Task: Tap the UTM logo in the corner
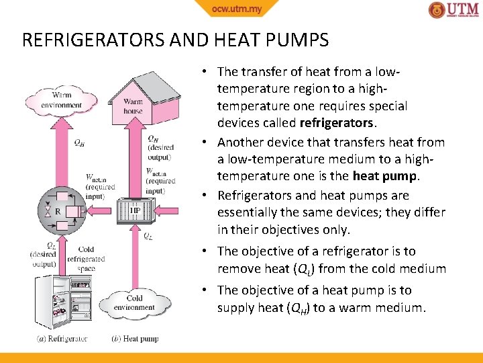click(454, 10)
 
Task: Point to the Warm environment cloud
click(61, 100)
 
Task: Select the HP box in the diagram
click(136, 211)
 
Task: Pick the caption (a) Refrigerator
click(62, 339)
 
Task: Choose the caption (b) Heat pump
click(135, 339)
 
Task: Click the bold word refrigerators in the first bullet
click(337, 124)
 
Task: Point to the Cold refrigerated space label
click(86, 259)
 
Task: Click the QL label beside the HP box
click(148, 236)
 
